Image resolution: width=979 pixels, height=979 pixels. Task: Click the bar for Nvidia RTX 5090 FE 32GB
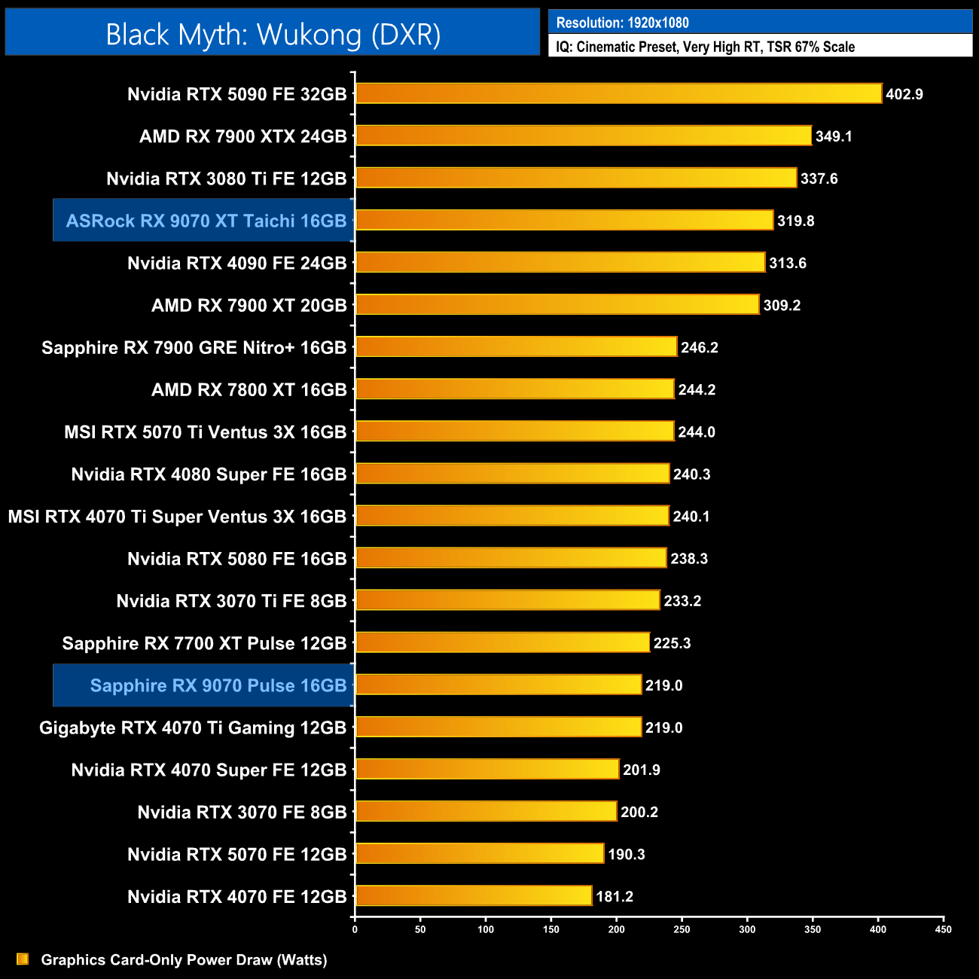coord(618,93)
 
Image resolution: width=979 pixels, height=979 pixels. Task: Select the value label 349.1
coord(834,136)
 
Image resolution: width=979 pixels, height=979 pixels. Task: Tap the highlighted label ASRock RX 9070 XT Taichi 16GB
coord(206,221)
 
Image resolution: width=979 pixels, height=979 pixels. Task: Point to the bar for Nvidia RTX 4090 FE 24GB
coord(560,262)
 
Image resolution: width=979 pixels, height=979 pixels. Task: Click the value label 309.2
coord(782,305)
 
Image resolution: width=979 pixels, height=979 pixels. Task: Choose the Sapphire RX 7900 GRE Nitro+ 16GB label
coord(194,347)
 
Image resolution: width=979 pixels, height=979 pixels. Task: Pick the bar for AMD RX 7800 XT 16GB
coord(514,389)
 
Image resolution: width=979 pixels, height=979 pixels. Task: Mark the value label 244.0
coord(697,432)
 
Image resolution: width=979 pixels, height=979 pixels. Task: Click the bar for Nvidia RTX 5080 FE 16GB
coord(511,558)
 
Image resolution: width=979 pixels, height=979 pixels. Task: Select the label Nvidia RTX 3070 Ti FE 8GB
coord(231,601)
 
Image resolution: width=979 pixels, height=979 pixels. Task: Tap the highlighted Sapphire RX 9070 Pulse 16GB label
coord(218,685)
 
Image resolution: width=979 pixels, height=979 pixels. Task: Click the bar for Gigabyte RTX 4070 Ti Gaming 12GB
coord(498,727)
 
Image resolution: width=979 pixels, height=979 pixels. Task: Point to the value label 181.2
coord(615,896)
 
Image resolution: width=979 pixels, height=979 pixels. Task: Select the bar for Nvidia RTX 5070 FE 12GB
coord(479,853)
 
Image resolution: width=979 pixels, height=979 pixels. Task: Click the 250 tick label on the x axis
coord(682,929)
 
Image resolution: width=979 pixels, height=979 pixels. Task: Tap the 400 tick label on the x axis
coord(878,929)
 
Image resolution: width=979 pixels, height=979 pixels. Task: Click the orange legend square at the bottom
coord(23,959)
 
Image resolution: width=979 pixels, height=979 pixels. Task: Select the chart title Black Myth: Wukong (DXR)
coord(273,34)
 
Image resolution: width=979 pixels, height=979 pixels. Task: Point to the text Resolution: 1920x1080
coord(622,23)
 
